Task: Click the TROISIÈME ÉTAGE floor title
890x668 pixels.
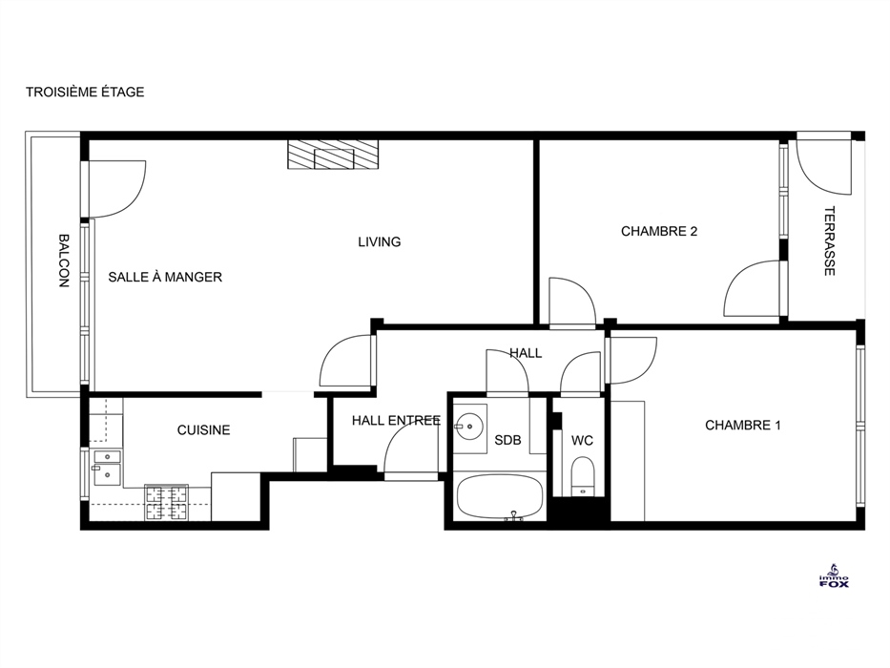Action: click(x=85, y=92)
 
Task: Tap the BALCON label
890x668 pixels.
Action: click(x=64, y=261)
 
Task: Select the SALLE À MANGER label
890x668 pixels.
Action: click(x=165, y=277)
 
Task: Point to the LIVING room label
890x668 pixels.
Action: click(x=379, y=242)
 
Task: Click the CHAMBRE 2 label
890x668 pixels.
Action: click(x=659, y=231)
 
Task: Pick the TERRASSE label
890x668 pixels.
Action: click(x=829, y=240)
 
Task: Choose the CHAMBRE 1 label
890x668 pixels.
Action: click(x=743, y=425)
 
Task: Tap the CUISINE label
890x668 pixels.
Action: click(x=204, y=430)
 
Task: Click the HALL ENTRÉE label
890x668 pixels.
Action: click(x=396, y=420)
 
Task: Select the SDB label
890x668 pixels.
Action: click(x=507, y=440)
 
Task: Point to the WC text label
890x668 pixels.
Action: click(x=582, y=440)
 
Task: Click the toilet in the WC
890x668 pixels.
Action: click(x=582, y=476)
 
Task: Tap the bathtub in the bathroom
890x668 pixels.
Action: click(x=500, y=497)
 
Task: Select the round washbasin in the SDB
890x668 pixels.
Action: click(x=470, y=426)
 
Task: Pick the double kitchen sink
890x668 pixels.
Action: click(x=107, y=468)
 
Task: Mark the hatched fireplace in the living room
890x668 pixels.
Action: click(x=333, y=154)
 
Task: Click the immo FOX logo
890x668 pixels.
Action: click(x=834, y=576)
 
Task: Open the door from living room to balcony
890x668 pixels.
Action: click(x=116, y=189)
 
